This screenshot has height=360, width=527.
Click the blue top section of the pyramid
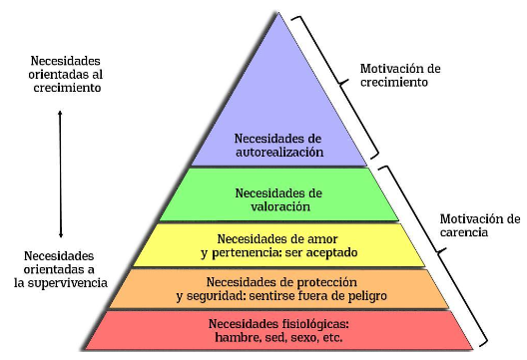[279, 100]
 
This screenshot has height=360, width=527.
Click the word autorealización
[279, 154]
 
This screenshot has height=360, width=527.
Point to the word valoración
[279, 206]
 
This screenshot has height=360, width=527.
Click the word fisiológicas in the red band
[311, 324]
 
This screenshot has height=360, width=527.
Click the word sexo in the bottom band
[303, 338]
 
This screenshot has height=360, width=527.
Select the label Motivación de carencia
[480, 225]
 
